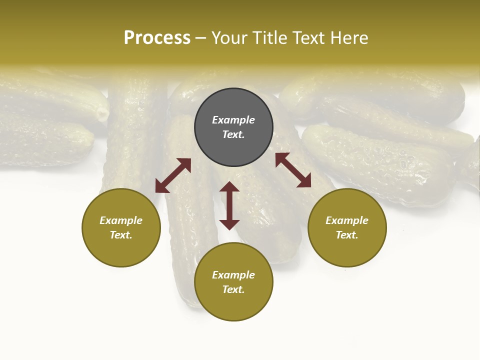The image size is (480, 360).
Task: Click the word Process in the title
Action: pos(157,38)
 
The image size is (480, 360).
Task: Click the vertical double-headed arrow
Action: pos(229,205)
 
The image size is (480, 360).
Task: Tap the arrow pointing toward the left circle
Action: pos(173,175)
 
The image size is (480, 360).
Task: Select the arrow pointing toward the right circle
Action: pos(293,170)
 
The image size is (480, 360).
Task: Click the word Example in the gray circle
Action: pos(233,120)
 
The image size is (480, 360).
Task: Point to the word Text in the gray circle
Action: pos(233,134)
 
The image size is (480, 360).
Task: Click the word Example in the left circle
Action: pos(121,220)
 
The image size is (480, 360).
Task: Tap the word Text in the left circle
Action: pos(121,235)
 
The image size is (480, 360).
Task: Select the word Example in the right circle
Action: pos(347,220)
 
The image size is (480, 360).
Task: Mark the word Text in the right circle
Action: pos(347,235)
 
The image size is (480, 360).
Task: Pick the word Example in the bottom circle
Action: pos(233,275)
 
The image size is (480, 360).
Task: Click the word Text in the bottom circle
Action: pos(233,289)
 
